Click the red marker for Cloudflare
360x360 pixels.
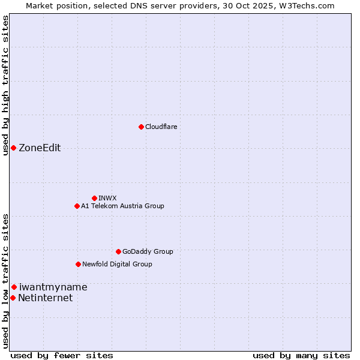click(141, 127)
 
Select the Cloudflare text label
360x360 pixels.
click(161, 127)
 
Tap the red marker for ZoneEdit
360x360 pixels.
click(13, 148)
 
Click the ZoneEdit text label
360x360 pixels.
click(40, 148)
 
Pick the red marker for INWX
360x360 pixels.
click(94, 198)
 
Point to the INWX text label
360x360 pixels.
click(107, 198)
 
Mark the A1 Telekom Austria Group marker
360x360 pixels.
click(77, 206)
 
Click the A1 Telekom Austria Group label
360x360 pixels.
click(122, 206)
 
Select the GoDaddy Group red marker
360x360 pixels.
click(118, 251)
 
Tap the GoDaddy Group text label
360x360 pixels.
click(148, 251)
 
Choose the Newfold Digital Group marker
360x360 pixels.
click(78, 264)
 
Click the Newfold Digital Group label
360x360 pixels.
click(117, 264)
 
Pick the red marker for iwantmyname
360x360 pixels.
click(14, 287)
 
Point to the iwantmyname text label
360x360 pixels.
click(53, 287)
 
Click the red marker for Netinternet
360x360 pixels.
click(13, 298)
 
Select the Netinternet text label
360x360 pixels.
click(45, 298)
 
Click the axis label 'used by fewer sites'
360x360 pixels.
click(62, 355)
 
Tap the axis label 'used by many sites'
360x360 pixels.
click(301, 355)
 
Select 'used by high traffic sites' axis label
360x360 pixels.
click(5, 85)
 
